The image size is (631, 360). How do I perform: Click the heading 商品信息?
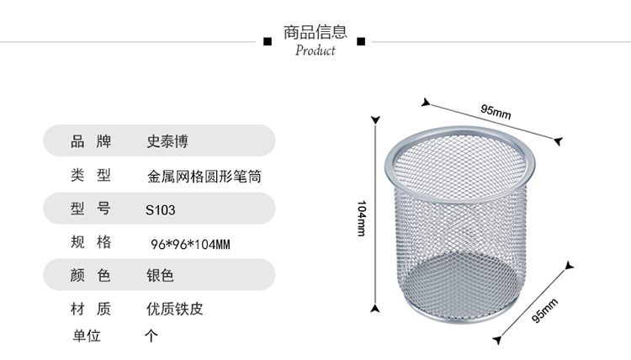315,33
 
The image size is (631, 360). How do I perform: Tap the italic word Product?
315,50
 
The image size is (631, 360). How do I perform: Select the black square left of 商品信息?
268,40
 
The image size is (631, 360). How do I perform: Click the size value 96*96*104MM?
189,244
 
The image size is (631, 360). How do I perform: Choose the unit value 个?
151,336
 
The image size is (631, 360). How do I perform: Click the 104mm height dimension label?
362,218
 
